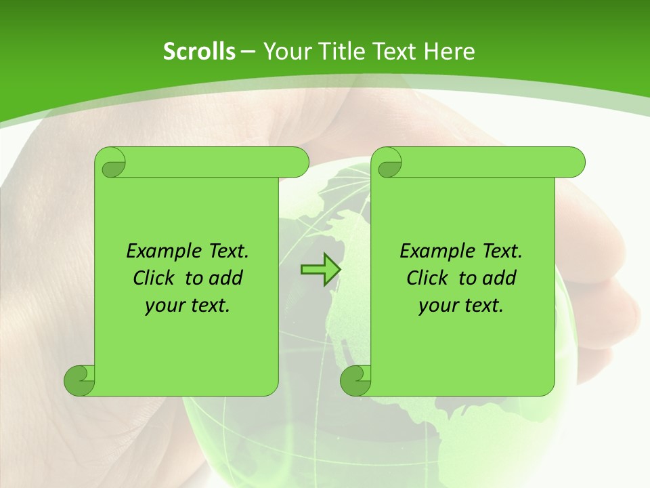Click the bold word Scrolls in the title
[x=199, y=52]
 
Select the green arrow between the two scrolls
[x=320, y=269]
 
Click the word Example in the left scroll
[x=157, y=251]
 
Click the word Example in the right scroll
[x=431, y=251]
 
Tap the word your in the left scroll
[x=165, y=306]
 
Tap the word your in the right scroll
[x=438, y=306]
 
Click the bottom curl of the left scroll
[x=79, y=380]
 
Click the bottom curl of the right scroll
[x=355, y=380]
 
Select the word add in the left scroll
[x=226, y=278]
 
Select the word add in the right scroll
[x=500, y=278]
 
